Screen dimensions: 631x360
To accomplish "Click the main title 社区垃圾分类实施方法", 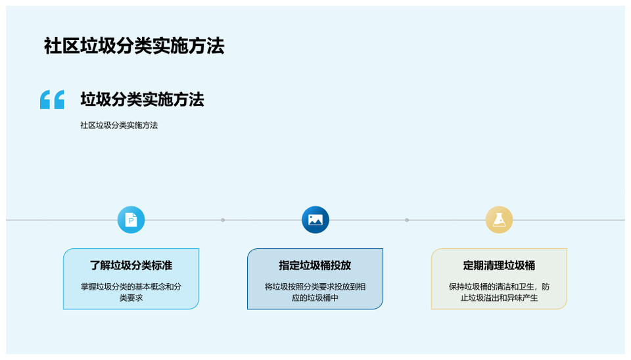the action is coord(134,46).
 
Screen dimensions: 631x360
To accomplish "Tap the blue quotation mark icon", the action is coord(52,99).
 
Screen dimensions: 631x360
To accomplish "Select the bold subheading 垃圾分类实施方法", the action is coord(142,99).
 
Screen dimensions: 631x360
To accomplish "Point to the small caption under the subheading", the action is coord(119,125).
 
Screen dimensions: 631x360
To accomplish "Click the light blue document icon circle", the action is coord(131,219).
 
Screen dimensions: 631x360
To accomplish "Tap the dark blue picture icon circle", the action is coord(315,219).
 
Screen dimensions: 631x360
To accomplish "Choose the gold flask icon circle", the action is coord(499,219).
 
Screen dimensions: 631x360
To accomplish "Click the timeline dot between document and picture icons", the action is coord(223,220).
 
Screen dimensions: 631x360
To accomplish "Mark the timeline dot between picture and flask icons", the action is coord(407,220).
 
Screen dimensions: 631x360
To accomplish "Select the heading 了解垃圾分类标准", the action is coord(131,265).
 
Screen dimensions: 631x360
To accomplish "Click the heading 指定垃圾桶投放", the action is coord(315,265).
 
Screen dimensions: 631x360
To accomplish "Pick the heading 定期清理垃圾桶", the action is coord(499,265).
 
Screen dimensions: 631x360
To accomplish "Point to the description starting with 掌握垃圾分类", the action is coord(131,292).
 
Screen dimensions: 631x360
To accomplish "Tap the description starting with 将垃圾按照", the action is coord(315,292).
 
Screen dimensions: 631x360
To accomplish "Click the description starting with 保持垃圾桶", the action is coord(499,292).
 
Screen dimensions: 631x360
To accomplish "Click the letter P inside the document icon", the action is coord(131,221).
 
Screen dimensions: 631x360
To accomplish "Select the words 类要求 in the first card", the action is coord(131,298).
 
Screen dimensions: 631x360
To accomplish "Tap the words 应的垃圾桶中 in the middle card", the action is coord(315,298).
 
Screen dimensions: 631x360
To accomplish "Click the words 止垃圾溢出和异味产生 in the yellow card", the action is coord(499,298).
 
